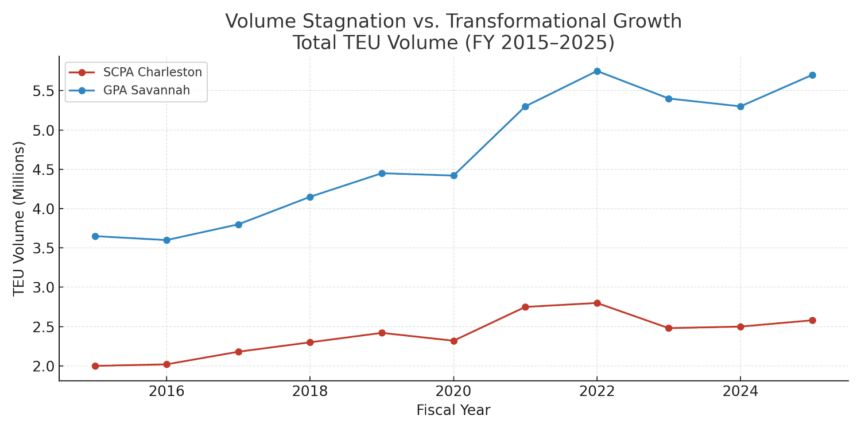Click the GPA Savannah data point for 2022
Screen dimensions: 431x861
597,71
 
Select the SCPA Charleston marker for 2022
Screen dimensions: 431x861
597,303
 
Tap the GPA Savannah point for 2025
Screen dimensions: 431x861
812,75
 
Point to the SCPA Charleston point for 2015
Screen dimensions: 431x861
95,365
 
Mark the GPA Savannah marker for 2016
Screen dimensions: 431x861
166,240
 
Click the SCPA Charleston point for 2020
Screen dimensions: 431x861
453,341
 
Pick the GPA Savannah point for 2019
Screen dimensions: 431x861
382,173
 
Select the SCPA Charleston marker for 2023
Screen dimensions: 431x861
669,328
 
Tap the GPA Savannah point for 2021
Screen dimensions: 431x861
525,106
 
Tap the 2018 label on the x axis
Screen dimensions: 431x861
310,392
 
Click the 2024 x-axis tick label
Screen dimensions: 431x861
740,392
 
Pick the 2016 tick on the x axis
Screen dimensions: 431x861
166,392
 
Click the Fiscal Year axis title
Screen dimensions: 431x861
453,410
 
